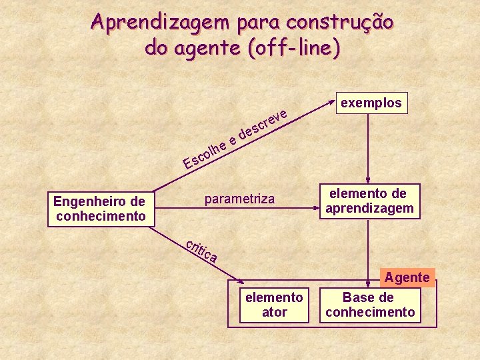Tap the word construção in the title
point(340,22)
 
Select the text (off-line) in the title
point(293,47)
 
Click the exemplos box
point(371,103)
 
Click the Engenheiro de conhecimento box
point(101,208)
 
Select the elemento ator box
point(274,305)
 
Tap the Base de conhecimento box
point(370,305)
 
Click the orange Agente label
point(407,277)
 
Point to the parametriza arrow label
point(239,199)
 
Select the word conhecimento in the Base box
point(370,312)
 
